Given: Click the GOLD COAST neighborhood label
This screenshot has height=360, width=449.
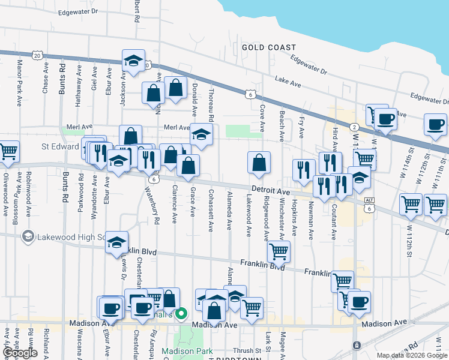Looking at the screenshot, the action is (x=269, y=47).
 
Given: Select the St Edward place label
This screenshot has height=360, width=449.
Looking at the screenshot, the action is (x=60, y=146).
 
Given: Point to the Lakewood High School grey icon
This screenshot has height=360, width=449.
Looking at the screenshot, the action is (x=28, y=237).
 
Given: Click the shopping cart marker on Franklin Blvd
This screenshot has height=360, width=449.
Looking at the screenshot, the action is (x=279, y=250).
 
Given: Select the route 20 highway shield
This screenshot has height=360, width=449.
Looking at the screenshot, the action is (x=38, y=56).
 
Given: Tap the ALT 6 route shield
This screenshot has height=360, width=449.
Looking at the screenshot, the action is (x=369, y=204).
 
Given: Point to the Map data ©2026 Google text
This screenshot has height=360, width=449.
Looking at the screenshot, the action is (x=412, y=355).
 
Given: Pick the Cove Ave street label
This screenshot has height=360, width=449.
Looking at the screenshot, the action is (x=262, y=117).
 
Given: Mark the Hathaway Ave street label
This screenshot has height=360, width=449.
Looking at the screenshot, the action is (x=78, y=86).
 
